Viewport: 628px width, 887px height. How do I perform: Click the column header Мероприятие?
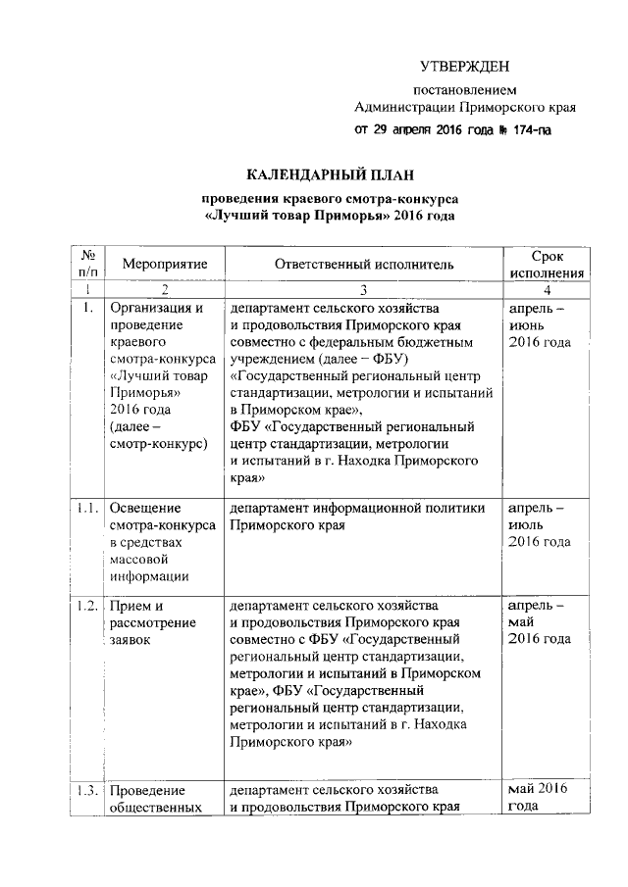tap(164, 265)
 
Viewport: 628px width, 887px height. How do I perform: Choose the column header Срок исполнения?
tap(548, 265)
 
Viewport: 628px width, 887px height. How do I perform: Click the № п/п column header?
tap(88, 265)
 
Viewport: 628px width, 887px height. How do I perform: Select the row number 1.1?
tap(88, 509)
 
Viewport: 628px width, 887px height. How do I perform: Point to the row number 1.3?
tap(88, 791)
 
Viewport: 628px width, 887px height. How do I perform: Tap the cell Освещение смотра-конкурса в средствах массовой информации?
tap(163, 542)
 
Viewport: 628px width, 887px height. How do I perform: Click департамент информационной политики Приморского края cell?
tap(357, 517)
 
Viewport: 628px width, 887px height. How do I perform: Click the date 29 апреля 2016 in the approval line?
tap(416, 130)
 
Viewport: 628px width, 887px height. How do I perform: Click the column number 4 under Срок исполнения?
tap(548, 290)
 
